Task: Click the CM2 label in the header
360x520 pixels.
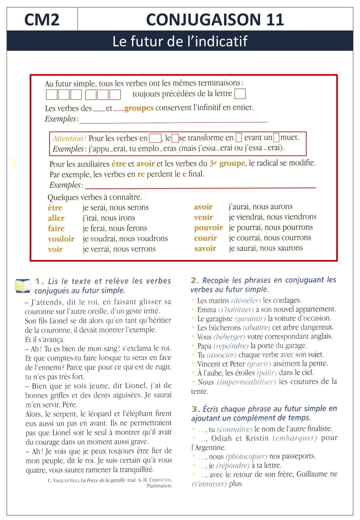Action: tap(42, 20)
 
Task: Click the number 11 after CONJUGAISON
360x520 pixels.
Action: tap(274, 20)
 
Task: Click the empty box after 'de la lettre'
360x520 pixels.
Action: tap(240, 94)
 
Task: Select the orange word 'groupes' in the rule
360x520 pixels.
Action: tap(139, 108)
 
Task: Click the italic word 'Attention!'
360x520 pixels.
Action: tap(69, 139)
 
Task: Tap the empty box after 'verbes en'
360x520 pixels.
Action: tap(155, 138)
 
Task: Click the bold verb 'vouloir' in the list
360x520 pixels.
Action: tap(61, 239)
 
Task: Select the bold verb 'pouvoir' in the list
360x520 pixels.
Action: tap(208, 228)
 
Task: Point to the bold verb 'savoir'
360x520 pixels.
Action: tap(205, 249)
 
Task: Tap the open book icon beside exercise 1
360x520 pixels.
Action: tap(23, 286)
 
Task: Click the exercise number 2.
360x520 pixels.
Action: tap(195, 280)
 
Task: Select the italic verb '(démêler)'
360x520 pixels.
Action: tap(246, 301)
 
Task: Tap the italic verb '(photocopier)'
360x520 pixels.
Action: tap(246, 457)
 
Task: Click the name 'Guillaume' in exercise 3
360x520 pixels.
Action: tap(312, 474)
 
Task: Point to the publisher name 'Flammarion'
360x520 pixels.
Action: tap(159, 486)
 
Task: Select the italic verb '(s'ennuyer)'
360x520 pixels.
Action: tap(209, 484)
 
